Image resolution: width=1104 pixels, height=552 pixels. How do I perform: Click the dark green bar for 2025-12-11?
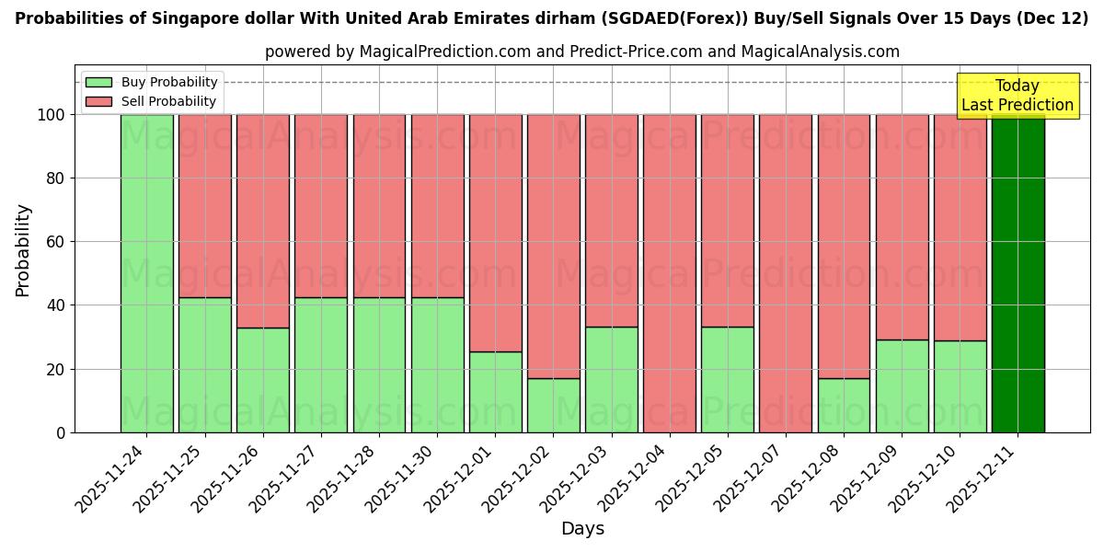tap(1018, 273)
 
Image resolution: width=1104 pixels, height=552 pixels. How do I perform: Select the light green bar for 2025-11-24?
tap(146, 273)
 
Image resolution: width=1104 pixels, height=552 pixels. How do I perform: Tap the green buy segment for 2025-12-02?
tap(553, 405)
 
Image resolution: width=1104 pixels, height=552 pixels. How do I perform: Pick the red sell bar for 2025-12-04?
tap(670, 273)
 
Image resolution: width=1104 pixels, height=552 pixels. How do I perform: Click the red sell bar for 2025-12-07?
tap(786, 273)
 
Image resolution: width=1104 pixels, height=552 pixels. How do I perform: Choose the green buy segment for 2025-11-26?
tap(262, 380)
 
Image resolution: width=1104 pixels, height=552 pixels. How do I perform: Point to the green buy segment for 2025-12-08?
tap(844, 405)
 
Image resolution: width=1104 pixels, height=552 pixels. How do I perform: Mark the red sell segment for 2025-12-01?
tap(495, 233)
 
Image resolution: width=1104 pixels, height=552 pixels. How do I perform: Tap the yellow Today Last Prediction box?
tap(1018, 96)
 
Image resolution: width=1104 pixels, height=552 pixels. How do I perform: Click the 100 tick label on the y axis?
tap(52, 115)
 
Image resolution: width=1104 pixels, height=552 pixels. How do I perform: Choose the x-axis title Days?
tap(582, 529)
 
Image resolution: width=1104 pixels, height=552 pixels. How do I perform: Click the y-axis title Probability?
tap(23, 249)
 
